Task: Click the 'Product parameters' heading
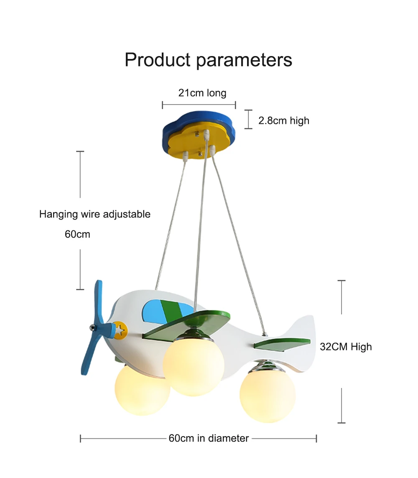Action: pos(208,60)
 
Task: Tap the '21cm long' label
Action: pos(202,92)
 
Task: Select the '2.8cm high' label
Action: pos(284,121)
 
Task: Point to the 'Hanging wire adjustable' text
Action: pos(95,215)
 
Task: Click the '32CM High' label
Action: pos(346,347)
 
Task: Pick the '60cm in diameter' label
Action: pos(209,438)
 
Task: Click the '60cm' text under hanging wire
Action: pos(77,234)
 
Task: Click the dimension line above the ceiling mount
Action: pos(199,105)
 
